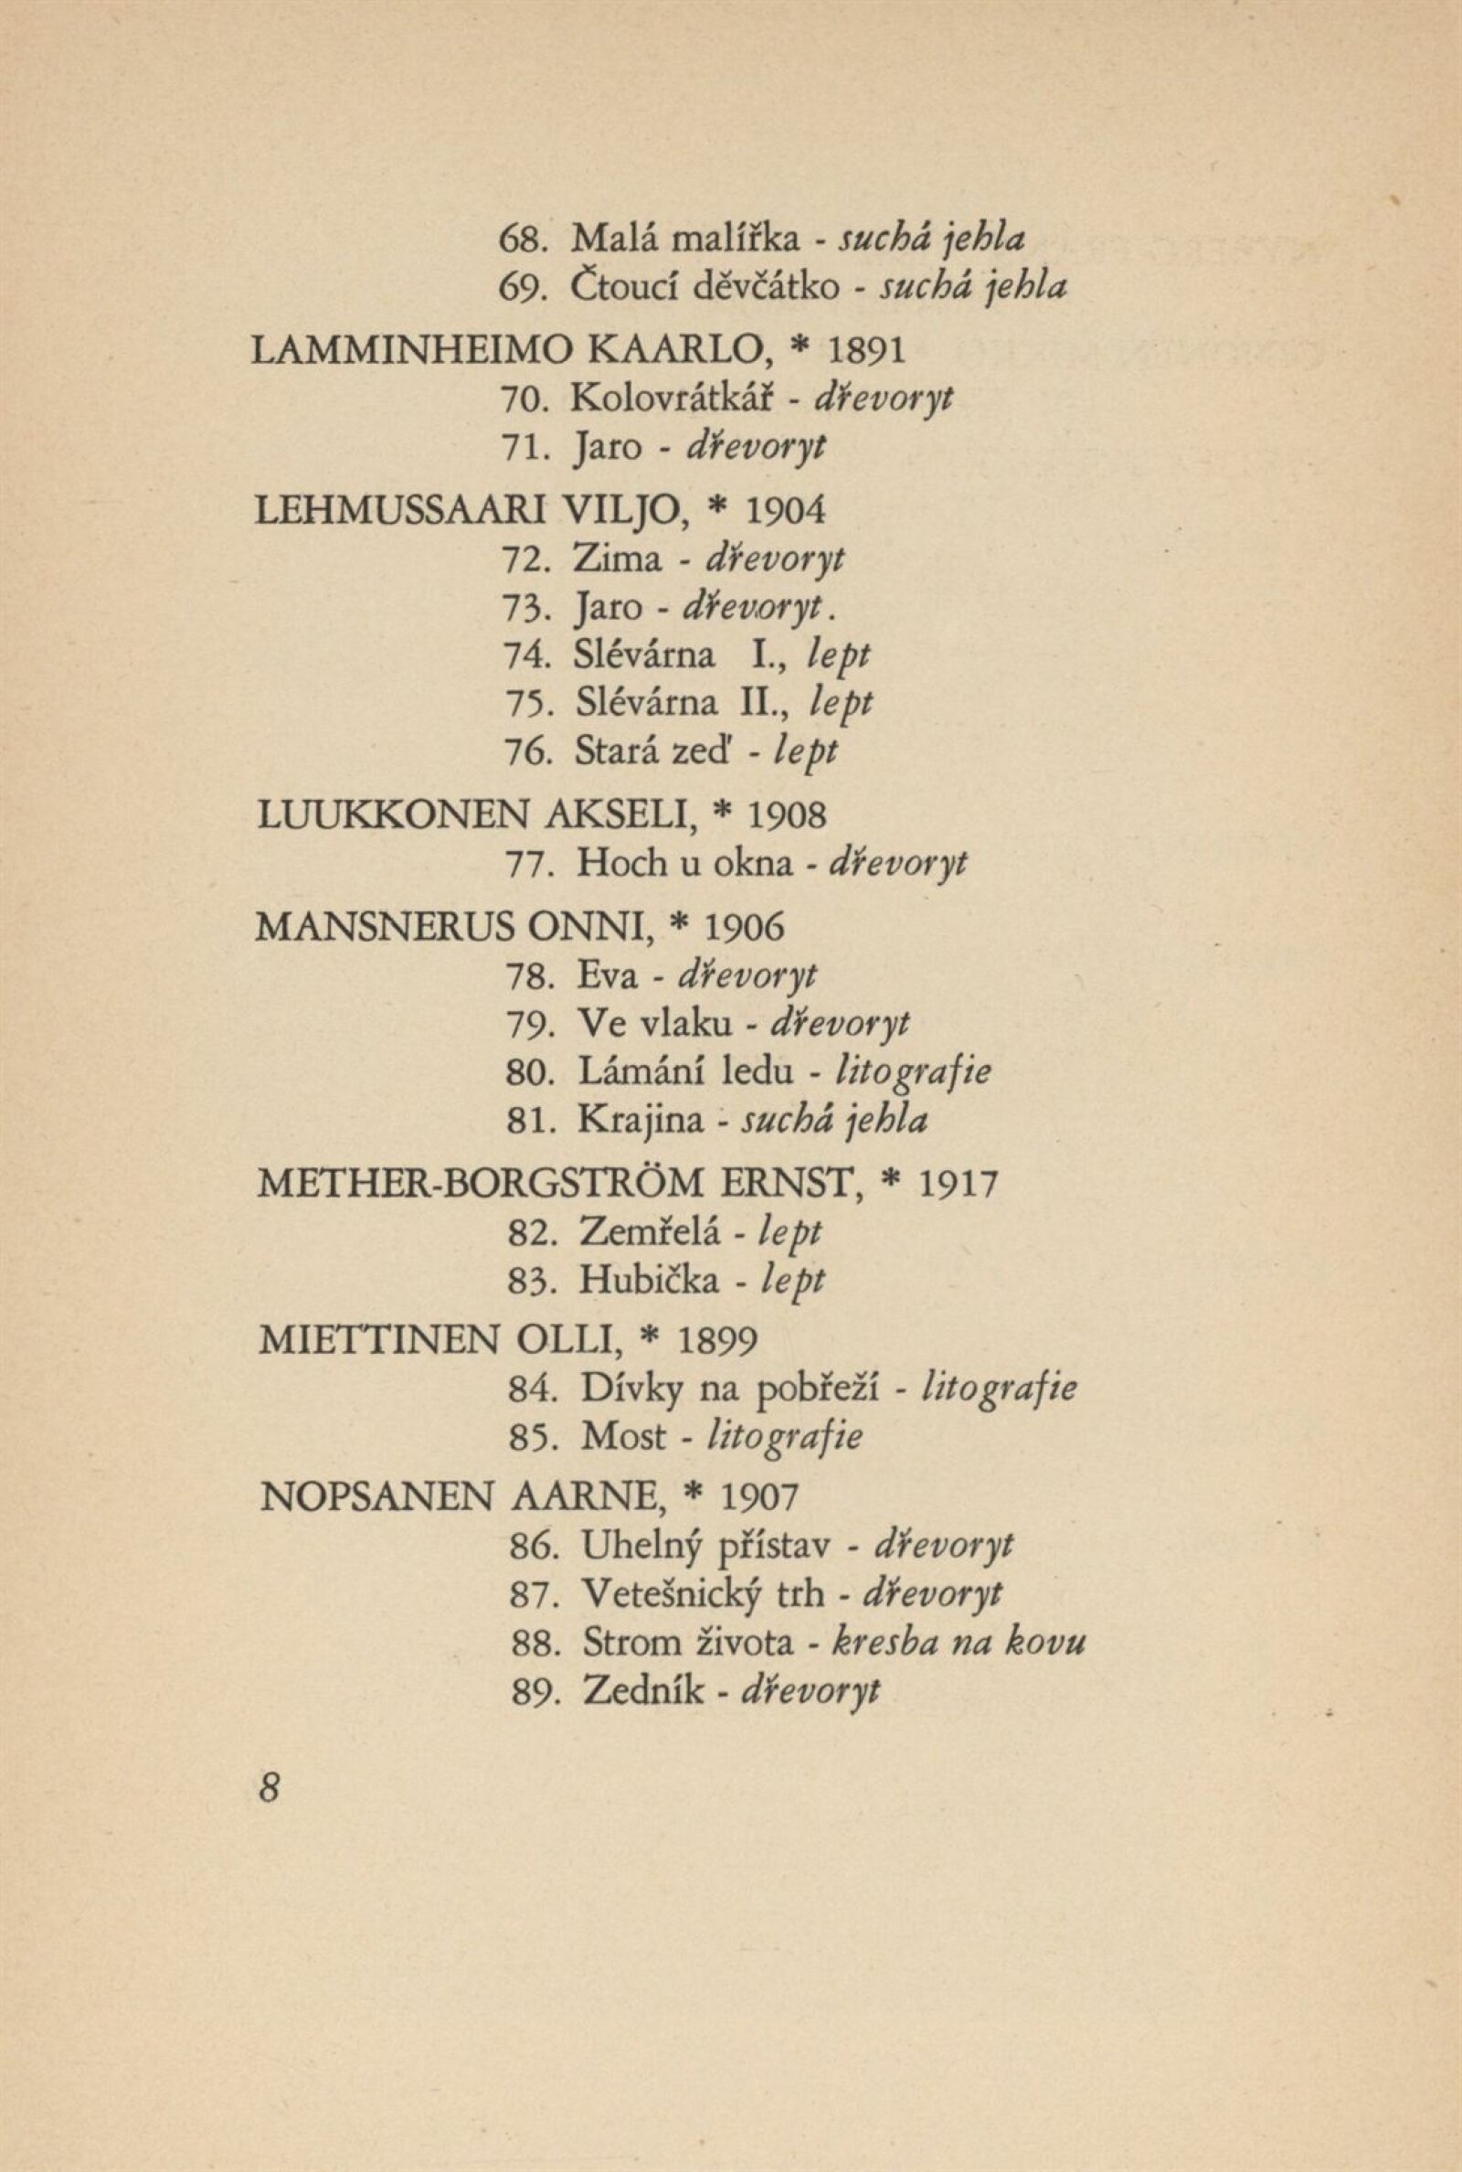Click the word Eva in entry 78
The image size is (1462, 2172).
[607, 976]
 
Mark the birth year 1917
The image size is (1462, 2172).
[958, 1184]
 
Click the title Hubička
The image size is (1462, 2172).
[649, 1281]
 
